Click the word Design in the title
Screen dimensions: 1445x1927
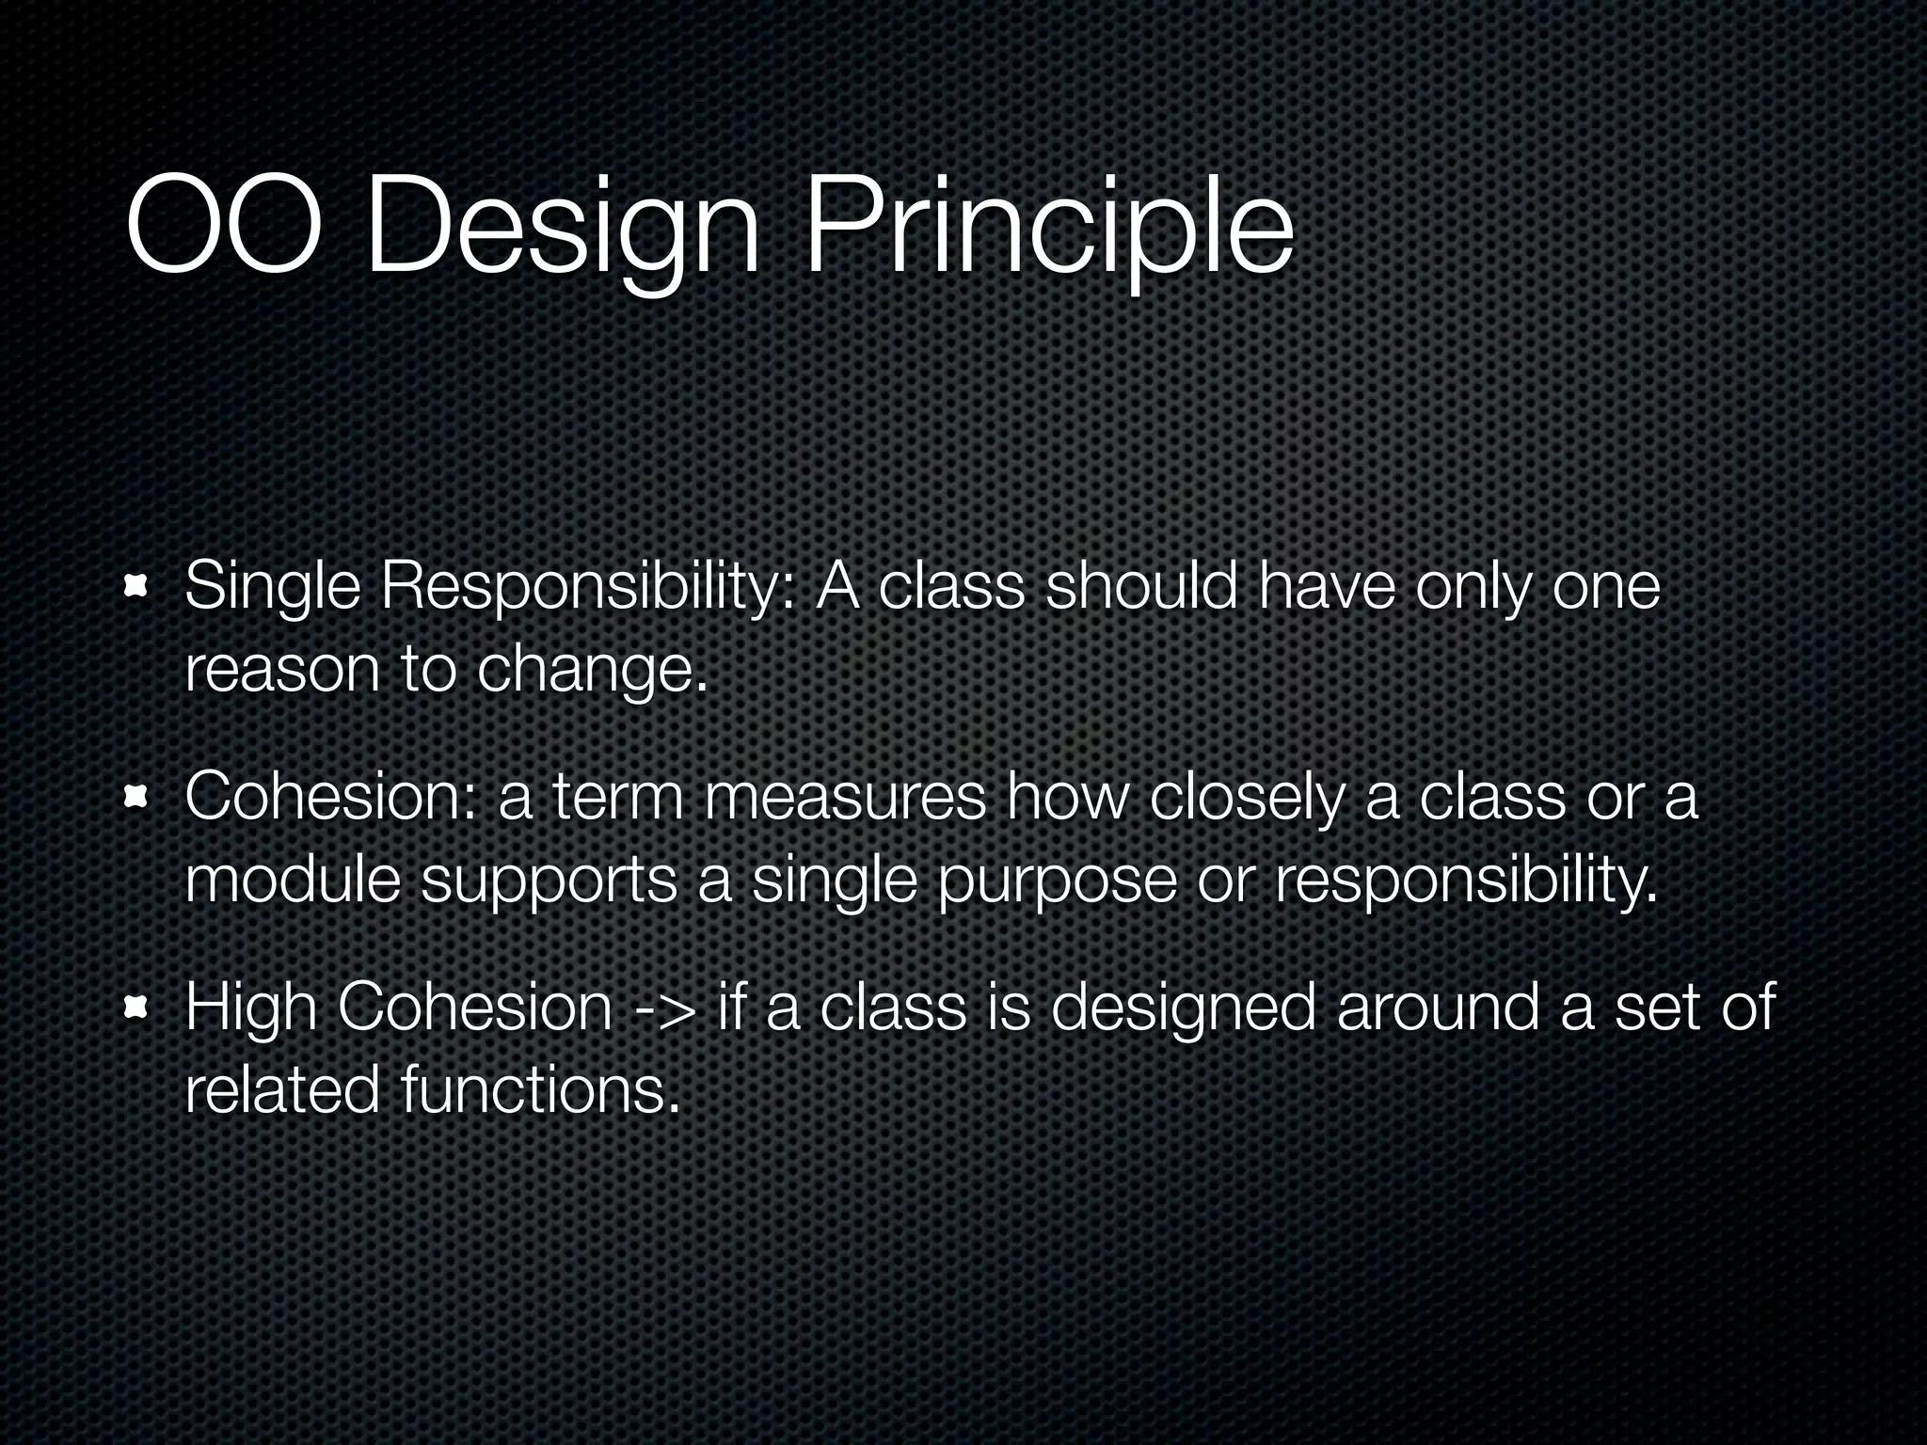[x=562, y=230]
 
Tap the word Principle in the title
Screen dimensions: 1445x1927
[x=1047, y=230]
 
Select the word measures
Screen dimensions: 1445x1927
[x=845, y=798]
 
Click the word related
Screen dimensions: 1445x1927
[x=281, y=1091]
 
